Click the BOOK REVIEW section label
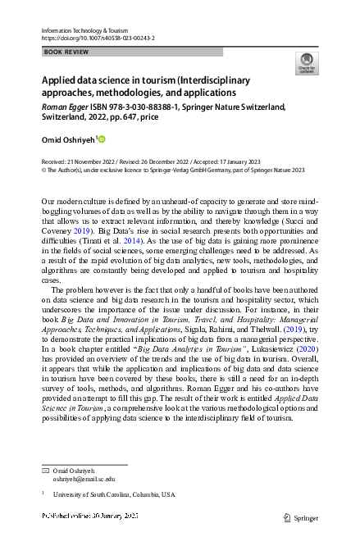(65, 52)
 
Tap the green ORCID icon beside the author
(102, 140)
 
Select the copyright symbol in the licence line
(44, 171)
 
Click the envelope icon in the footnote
(45, 471)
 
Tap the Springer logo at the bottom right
(301, 517)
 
